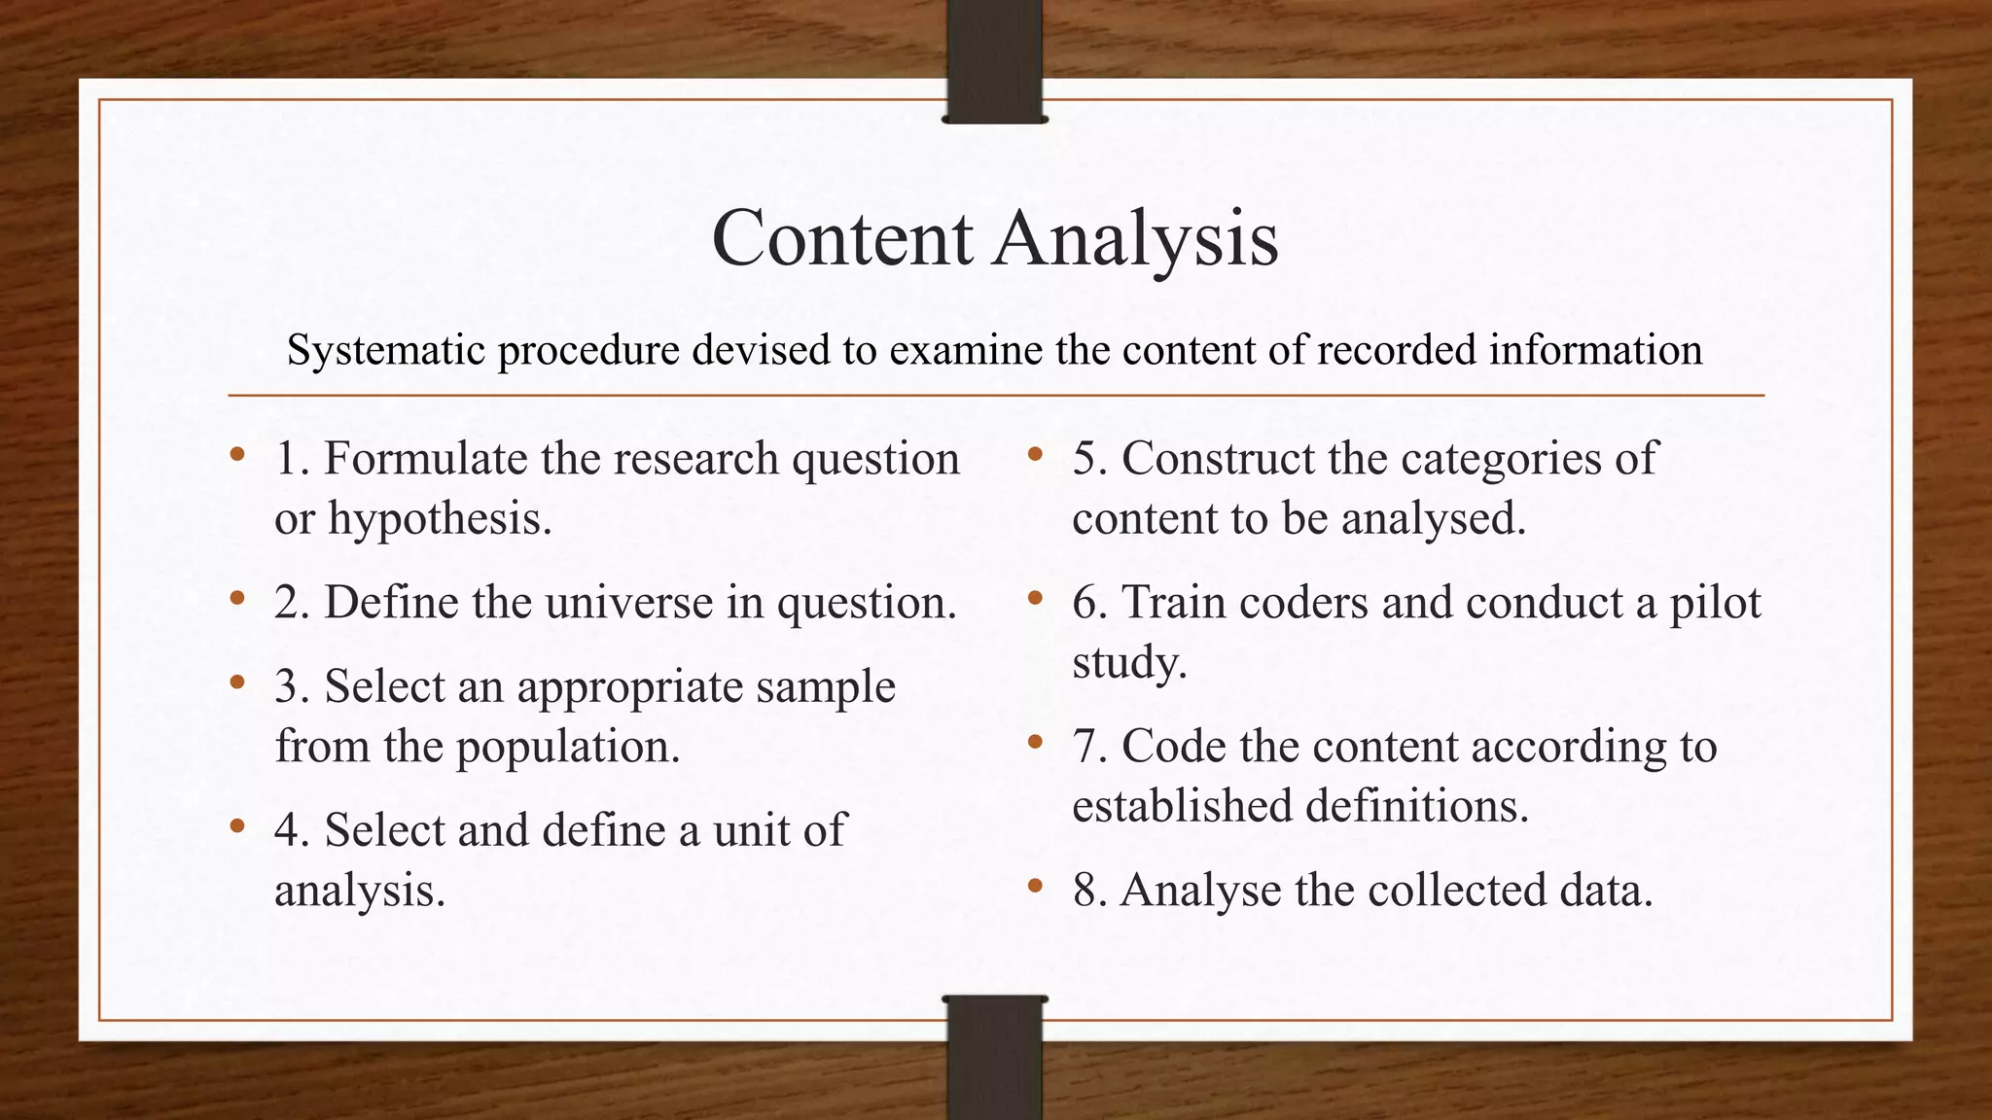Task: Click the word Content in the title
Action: click(841, 238)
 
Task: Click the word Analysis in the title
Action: click(1135, 240)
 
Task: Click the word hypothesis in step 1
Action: click(439, 519)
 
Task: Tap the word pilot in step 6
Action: click(1715, 603)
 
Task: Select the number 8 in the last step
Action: click(1085, 890)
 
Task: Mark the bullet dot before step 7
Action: click(1035, 743)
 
